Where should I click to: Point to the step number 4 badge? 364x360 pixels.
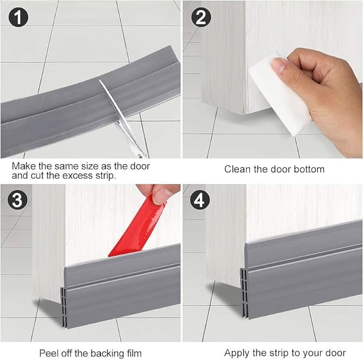(200, 201)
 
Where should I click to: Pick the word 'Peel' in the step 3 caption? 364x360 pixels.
(48, 352)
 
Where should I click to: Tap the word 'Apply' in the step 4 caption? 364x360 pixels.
(236, 352)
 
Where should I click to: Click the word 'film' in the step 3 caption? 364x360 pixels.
(132, 352)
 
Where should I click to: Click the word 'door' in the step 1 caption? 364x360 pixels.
(139, 166)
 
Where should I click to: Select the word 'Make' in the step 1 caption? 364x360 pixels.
(23, 166)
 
